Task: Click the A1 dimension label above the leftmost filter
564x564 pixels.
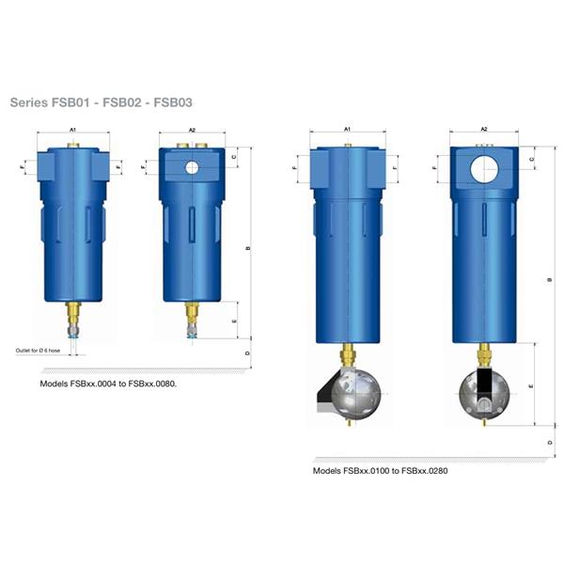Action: tap(71, 130)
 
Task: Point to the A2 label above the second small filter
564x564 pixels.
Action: tap(192, 130)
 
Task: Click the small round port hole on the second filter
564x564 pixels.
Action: tap(192, 167)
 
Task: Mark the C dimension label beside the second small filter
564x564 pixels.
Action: tap(233, 157)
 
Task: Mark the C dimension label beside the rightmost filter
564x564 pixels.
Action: tap(532, 160)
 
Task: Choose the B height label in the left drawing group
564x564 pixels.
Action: tap(247, 248)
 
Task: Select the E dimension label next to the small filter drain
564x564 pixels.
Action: tap(233, 321)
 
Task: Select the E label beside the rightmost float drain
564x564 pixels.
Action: tap(532, 385)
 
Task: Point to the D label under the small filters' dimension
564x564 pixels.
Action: tap(247, 353)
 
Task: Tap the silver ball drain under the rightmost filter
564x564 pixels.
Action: tap(484, 394)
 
